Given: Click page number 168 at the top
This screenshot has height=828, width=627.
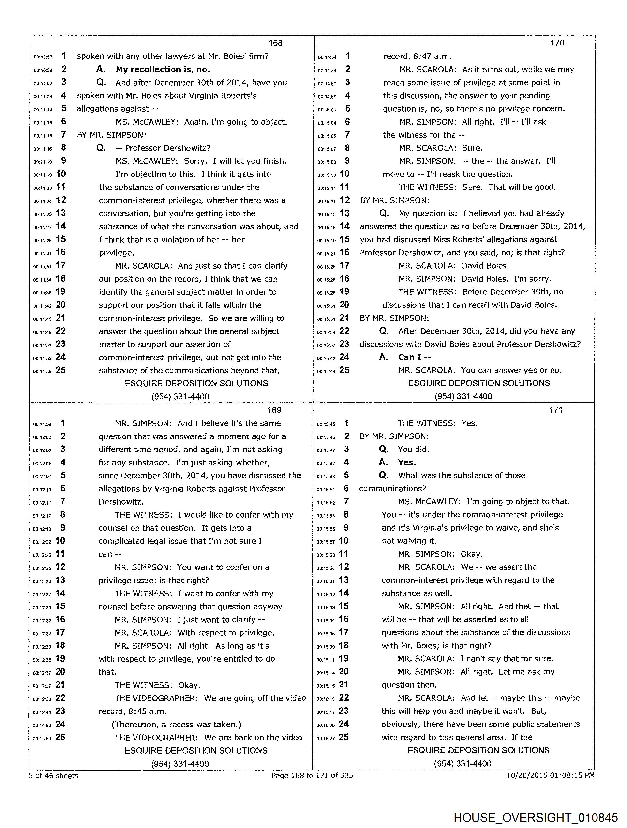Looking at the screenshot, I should [x=275, y=43].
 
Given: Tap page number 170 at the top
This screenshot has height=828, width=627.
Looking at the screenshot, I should [x=557, y=43].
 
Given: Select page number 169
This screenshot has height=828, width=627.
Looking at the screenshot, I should [x=274, y=410].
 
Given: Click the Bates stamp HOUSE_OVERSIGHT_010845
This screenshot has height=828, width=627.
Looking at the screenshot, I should [x=535, y=817].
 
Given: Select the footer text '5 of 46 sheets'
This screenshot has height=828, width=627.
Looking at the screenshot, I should [x=54, y=775].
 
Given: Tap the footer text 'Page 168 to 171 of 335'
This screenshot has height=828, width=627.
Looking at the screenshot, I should [x=312, y=775].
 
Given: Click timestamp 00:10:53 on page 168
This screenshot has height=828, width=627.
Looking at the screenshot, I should [x=43, y=57].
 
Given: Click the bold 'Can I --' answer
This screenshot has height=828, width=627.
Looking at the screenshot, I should [x=414, y=357].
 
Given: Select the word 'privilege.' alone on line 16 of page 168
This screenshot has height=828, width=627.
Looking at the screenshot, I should [x=116, y=253].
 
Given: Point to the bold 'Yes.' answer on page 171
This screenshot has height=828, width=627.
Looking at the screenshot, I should [x=407, y=462].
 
